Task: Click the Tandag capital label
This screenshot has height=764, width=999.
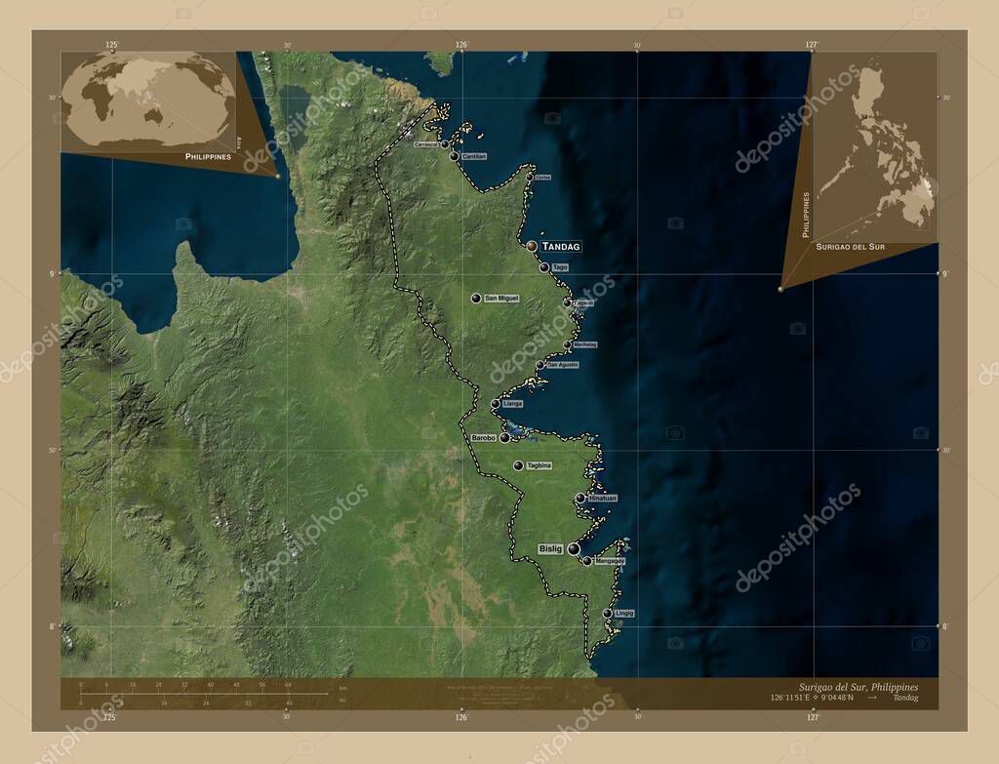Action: coord(561,247)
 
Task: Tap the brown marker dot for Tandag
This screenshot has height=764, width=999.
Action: coord(532,247)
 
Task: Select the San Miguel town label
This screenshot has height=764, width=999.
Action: coord(501,298)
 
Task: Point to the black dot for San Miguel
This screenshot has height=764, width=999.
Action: coord(476,298)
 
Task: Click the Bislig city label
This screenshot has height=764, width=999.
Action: coord(550,549)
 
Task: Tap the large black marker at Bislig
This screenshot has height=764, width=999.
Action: coord(574,549)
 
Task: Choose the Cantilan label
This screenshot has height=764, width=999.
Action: coord(474,156)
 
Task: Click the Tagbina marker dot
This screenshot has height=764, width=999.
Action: coord(518,465)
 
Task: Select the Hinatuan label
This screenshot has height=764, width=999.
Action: coord(603,499)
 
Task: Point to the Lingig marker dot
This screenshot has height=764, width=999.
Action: coord(608,614)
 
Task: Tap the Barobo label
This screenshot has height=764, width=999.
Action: coord(484,438)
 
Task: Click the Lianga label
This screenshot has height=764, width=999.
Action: coord(513,403)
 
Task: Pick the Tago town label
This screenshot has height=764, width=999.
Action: coord(560,267)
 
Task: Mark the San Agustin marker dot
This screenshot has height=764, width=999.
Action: coord(539,366)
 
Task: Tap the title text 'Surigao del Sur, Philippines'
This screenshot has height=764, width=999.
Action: coord(852,687)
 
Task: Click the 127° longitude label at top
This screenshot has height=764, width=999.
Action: coord(812,45)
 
